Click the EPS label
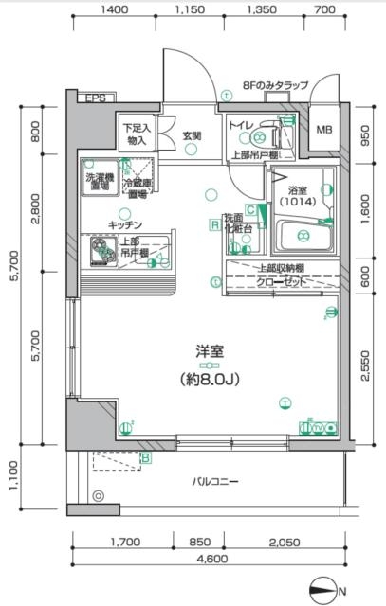[x=94, y=98]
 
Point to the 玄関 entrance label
[x=192, y=136]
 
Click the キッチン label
[x=125, y=224]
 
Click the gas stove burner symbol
[x=101, y=250]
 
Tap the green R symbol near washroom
[x=215, y=225]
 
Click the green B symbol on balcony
[x=146, y=459]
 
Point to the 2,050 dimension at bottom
[x=285, y=543]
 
